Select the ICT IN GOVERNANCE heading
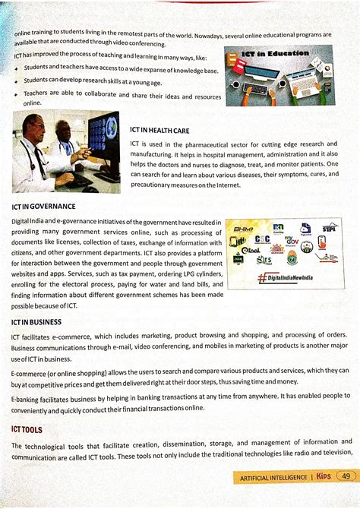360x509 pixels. coord(44,206)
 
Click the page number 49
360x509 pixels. coord(346,476)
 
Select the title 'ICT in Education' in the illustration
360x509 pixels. coord(276,54)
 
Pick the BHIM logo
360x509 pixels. coord(244,229)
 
